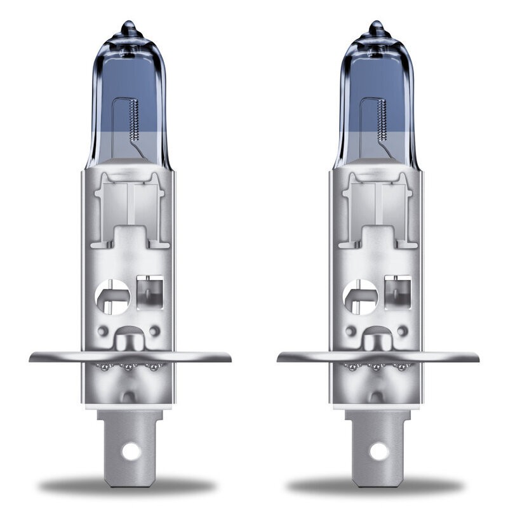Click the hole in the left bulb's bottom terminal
pyautogui.click(x=131, y=451)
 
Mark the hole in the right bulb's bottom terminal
pyautogui.click(x=378, y=451)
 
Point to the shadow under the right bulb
pyautogui.click(x=379, y=486)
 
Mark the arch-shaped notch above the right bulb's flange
pyautogui.click(x=378, y=335)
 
